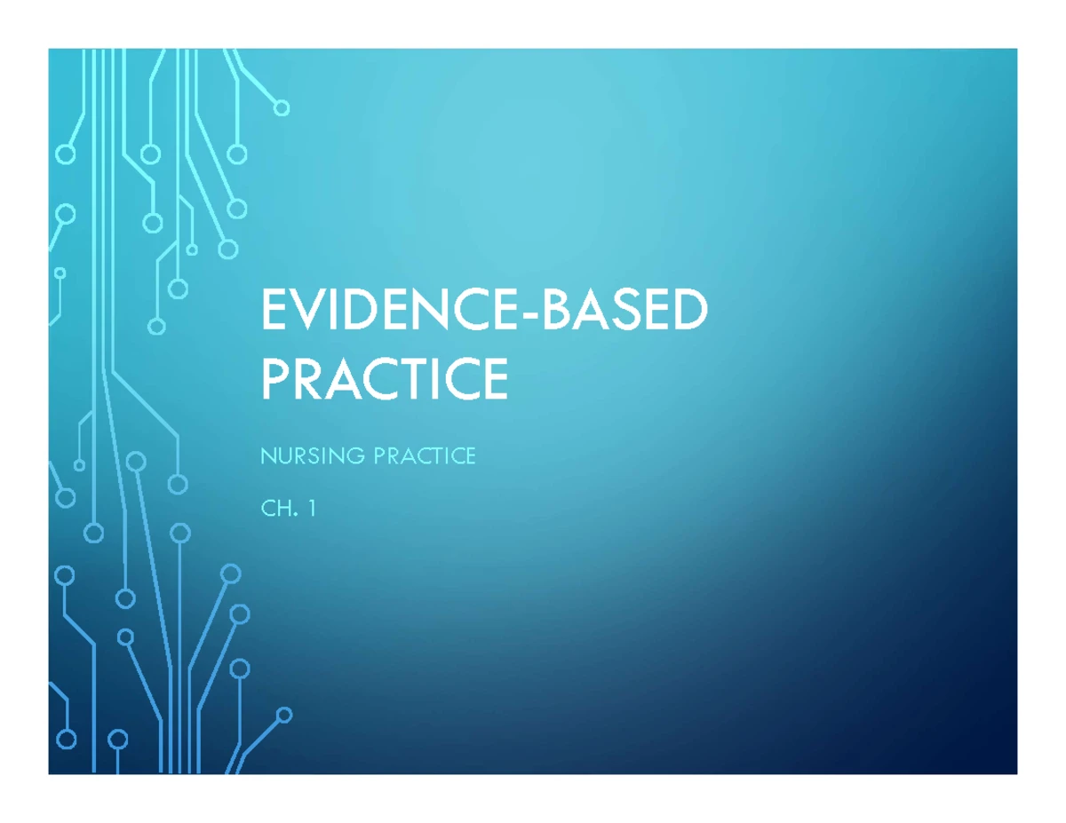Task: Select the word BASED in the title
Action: [623, 310]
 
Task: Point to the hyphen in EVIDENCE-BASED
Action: [529, 314]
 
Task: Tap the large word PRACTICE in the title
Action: [386, 379]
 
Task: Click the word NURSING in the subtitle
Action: [313, 455]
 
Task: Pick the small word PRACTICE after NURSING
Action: [425, 455]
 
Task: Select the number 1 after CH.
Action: [312, 509]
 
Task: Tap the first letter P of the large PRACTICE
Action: [274, 379]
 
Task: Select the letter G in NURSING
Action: [356, 455]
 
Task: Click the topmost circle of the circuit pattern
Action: [282, 107]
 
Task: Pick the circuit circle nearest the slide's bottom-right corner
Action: [284, 716]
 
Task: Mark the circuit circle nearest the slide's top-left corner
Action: [65, 154]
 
